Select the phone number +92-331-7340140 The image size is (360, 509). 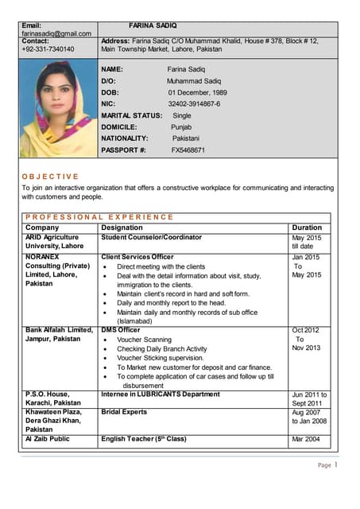coord(48,49)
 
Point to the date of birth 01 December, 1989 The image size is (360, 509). coord(197,92)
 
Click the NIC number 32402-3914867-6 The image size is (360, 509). coord(194,104)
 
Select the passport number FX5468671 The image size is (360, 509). coord(188,150)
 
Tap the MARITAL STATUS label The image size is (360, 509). coord(131,115)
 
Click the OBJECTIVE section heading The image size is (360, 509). coord(50,176)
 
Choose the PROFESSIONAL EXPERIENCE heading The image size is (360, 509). coord(99,216)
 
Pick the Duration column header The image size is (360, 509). coord(307,227)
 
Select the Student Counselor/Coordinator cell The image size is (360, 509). coord(152,237)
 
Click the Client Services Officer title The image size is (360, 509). coord(137,257)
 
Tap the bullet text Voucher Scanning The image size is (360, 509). coord(144,340)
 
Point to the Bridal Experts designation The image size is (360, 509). coord(124,413)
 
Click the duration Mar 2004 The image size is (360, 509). coord(307,439)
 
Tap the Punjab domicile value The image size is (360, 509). coord(181,126)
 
